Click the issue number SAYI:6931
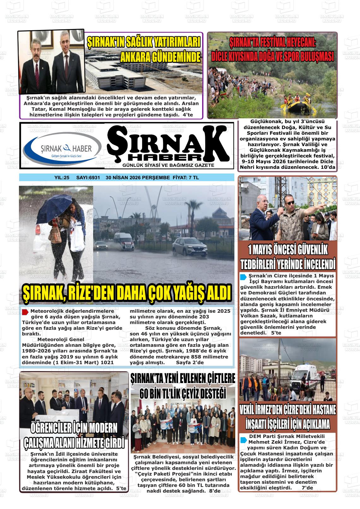coord(88,178)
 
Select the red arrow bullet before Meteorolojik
coord(26,312)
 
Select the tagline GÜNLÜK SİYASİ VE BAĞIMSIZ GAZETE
coord(168,165)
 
